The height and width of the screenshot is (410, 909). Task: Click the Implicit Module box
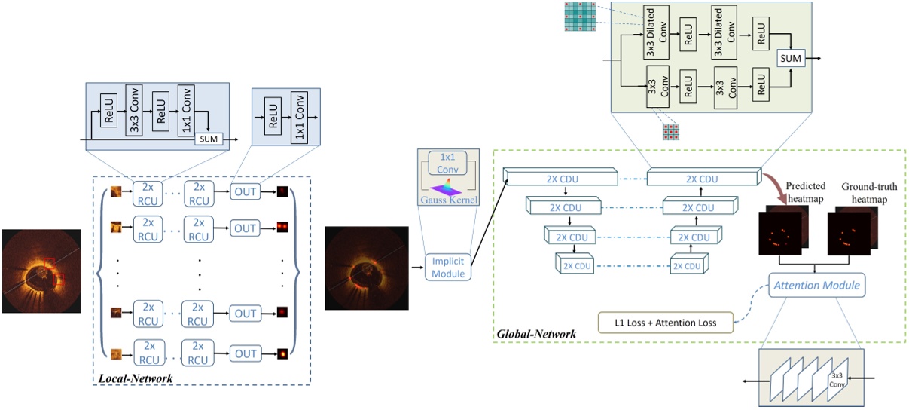coord(448,268)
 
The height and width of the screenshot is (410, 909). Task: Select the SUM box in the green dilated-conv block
coord(791,57)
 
